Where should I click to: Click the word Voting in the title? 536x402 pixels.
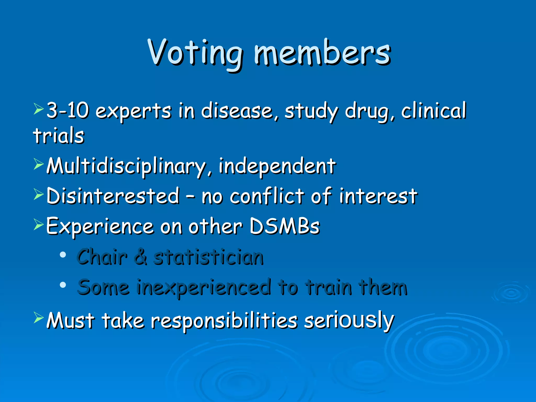(195, 52)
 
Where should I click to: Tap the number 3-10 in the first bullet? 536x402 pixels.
(68, 110)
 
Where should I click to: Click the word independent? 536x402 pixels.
(277, 166)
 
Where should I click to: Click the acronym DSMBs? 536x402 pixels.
(284, 226)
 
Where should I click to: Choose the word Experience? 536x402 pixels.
(100, 226)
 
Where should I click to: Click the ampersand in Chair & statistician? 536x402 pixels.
(141, 257)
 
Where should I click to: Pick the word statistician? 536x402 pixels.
(208, 257)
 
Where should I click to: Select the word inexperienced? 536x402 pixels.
(204, 287)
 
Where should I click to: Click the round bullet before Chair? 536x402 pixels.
(63, 255)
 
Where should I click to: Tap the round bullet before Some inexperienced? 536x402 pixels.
(63, 285)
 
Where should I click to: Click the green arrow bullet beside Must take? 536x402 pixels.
(38, 318)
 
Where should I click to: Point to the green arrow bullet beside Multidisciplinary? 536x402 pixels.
(38, 164)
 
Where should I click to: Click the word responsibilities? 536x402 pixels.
(224, 321)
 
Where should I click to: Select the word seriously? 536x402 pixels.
(349, 321)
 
